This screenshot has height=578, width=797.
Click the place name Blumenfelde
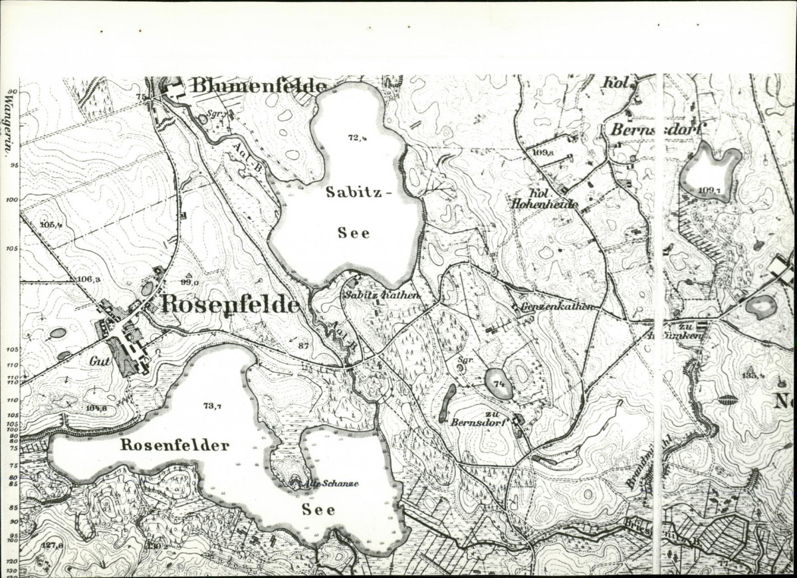259,86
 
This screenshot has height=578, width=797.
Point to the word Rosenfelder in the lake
175,445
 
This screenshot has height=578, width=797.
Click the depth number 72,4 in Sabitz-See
358,138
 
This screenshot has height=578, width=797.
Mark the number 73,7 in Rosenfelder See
211,406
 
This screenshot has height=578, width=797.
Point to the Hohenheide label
544,205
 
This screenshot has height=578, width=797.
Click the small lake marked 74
499,383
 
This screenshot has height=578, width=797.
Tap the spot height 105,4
51,225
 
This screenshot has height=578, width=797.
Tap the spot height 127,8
52,545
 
